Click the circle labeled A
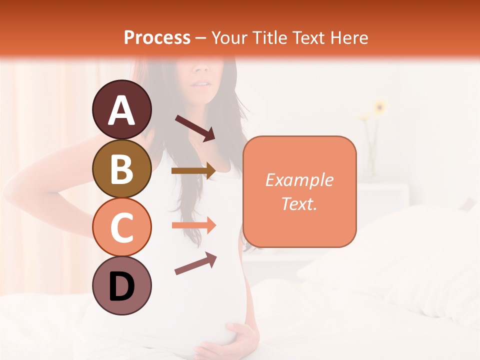coord(121,109)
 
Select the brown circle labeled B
coord(121,168)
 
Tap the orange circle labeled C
coord(121,227)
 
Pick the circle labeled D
coord(121,285)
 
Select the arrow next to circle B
coord(193,171)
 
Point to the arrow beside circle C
coord(193,225)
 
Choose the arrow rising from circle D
coord(195,263)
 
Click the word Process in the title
coord(157,37)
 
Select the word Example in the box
coord(299,180)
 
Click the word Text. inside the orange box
coord(299,203)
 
